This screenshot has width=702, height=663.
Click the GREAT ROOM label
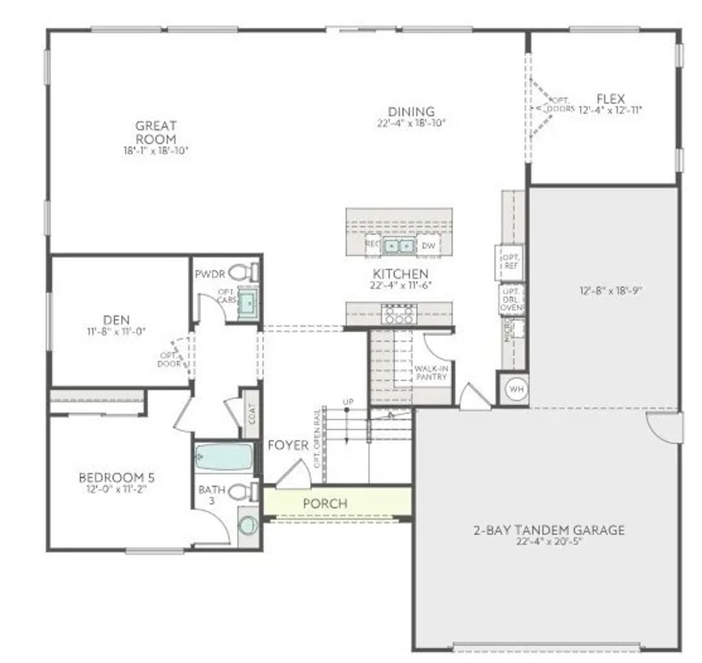pos(156,132)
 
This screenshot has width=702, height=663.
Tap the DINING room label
pos(411,112)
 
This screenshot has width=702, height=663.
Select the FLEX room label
pos(610,99)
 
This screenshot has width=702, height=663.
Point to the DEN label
pos(117,320)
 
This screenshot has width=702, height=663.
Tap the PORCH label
pos(325,503)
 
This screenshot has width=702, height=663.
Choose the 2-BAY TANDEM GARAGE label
pos(548,530)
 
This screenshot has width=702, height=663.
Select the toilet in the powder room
pos(240,272)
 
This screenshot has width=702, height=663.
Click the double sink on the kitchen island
pos(398,245)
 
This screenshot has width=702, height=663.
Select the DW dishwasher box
pos(428,245)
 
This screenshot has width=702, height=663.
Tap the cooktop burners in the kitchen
pos(398,315)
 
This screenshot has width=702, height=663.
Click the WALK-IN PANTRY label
pos(431,372)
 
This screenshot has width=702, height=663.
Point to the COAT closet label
pos(252,415)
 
